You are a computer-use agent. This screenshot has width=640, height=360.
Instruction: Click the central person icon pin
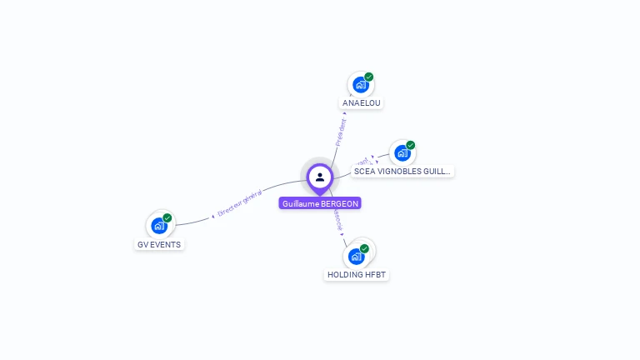click(x=320, y=177)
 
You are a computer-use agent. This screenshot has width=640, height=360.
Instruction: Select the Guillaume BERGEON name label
click(x=321, y=203)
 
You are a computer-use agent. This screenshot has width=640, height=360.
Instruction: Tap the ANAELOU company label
click(x=362, y=103)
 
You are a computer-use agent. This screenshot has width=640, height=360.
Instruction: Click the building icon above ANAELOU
click(x=360, y=85)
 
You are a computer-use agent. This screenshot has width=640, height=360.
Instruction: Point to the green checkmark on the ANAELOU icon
click(x=369, y=77)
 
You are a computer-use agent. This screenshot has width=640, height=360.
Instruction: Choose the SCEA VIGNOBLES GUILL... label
click(x=402, y=172)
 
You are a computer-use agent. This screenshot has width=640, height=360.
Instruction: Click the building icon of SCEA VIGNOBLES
click(x=402, y=153)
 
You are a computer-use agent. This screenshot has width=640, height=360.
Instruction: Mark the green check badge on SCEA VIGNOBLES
click(x=411, y=145)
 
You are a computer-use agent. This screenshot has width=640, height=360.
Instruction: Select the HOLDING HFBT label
click(x=357, y=275)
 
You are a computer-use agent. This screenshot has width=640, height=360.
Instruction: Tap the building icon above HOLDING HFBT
click(x=356, y=257)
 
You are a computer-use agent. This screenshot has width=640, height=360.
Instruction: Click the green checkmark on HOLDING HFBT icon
click(x=364, y=248)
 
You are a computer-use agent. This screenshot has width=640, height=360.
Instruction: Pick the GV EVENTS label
click(x=159, y=245)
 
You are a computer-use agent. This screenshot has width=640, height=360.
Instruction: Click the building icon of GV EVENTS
click(x=158, y=226)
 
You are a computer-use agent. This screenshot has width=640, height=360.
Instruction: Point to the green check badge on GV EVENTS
click(x=167, y=217)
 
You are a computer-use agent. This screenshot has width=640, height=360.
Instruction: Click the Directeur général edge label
click(x=239, y=203)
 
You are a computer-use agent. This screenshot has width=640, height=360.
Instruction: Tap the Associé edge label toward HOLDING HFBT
click(x=337, y=219)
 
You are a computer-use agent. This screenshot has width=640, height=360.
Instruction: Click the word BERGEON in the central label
click(x=341, y=203)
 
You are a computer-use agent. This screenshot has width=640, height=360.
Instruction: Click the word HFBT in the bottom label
click(x=376, y=275)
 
